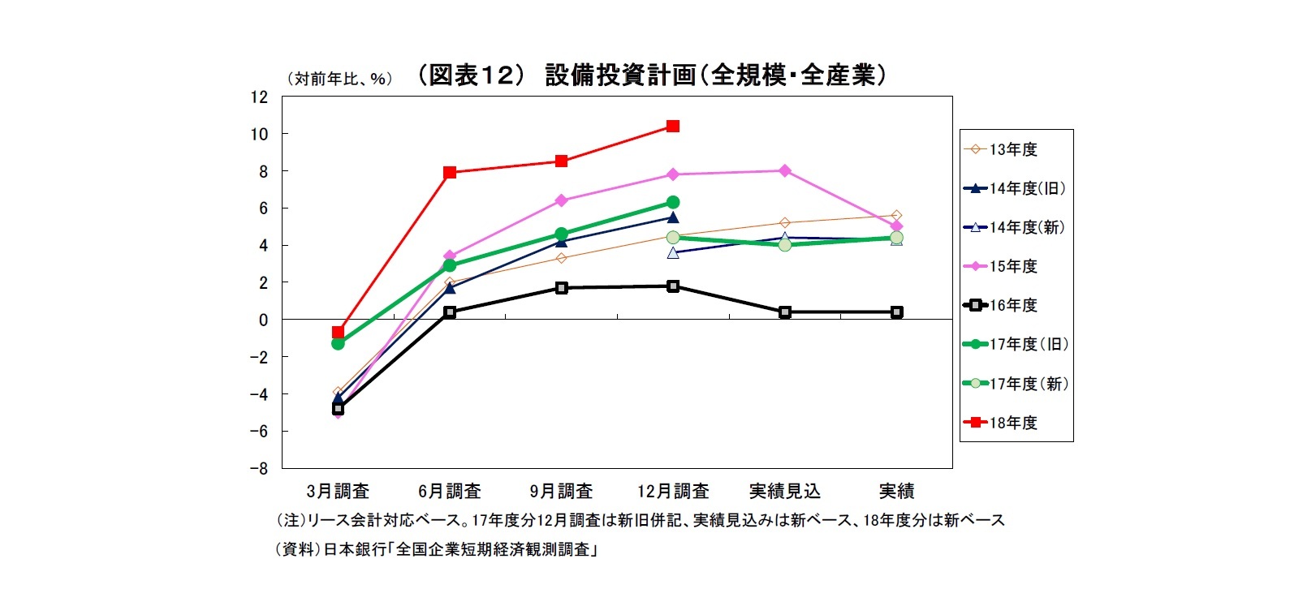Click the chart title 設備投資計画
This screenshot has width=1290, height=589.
649,75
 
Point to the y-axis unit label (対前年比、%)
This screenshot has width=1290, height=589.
339,79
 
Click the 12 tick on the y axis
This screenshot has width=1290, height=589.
259,97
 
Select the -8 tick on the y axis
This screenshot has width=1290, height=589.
258,469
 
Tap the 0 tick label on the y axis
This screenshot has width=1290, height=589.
263,320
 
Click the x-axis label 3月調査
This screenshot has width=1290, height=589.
338,492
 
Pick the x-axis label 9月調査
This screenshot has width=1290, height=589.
561,492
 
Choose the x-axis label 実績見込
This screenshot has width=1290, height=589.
784,492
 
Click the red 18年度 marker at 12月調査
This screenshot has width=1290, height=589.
673,126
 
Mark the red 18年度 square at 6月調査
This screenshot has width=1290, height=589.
450,172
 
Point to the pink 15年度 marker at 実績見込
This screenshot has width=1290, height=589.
785,170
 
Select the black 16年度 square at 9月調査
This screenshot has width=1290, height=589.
562,288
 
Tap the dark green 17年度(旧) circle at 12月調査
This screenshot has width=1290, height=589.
673,202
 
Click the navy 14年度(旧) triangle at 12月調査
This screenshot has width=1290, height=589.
673,217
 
